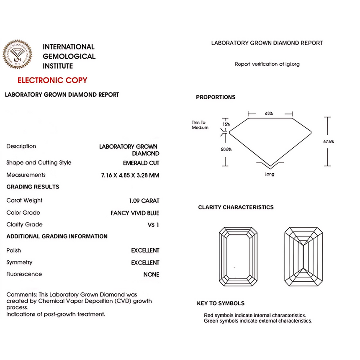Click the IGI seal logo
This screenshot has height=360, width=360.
click(18, 56)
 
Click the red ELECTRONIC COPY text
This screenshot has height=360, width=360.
click(52, 80)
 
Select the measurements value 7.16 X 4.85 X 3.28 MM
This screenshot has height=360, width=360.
click(130, 175)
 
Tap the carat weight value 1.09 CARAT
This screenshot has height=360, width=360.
click(144, 201)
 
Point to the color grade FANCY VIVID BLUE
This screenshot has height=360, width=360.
click(135, 213)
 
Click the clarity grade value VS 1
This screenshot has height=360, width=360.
click(153, 225)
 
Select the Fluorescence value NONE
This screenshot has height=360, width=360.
click(151, 275)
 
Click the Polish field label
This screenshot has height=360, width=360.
click(13, 250)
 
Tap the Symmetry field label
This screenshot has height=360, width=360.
click(19, 262)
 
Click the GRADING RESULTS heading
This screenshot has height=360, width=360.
click(33, 187)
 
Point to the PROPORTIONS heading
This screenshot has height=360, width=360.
click(216, 97)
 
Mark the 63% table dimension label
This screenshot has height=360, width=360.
click(269, 113)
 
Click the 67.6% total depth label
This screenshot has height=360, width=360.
click(328, 141)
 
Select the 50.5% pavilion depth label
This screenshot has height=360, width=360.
click(226, 149)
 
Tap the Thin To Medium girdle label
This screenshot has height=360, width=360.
click(200, 125)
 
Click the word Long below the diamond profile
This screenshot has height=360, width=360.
click(270, 174)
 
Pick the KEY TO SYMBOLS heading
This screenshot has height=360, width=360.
click(221, 303)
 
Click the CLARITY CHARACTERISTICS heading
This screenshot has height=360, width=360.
click(236, 207)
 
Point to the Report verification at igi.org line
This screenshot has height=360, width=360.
click(267, 64)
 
